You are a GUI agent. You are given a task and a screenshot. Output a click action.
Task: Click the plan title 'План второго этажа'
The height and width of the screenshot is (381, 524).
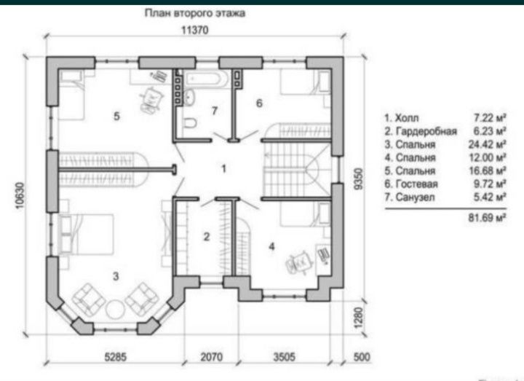(x=195, y=13)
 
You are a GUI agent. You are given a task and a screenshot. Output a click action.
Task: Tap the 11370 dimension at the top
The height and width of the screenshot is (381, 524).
(x=195, y=31)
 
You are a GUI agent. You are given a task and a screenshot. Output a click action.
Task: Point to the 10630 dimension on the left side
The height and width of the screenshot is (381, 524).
(x=20, y=196)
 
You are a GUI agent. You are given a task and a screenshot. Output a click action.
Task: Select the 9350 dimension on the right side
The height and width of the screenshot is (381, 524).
(x=358, y=179)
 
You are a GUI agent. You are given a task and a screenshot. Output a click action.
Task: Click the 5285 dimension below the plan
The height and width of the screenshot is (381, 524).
(x=116, y=357)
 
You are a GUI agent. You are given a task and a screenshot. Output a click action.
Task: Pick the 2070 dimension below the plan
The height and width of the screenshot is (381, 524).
(x=211, y=357)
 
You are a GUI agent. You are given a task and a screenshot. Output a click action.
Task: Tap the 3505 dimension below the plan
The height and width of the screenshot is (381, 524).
(x=285, y=357)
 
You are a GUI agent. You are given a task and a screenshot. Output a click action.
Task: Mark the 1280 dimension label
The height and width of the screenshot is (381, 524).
(x=358, y=318)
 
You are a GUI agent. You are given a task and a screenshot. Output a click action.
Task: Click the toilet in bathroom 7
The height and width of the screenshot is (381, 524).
(x=189, y=123)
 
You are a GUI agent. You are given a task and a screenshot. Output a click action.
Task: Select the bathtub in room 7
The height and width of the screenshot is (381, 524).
(x=207, y=79)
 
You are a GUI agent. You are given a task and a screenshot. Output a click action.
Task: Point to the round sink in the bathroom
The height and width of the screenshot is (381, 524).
(x=189, y=98)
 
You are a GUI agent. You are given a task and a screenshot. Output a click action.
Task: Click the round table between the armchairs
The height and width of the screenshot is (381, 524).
(x=115, y=309)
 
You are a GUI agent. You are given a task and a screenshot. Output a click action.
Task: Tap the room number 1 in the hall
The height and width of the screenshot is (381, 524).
(x=224, y=168)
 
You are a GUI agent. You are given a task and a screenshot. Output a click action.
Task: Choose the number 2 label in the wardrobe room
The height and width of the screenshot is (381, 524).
(x=207, y=237)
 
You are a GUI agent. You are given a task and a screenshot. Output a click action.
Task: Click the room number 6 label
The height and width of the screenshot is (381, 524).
(x=259, y=103)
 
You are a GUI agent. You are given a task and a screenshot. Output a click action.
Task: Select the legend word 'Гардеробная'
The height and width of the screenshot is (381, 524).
(x=426, y=131)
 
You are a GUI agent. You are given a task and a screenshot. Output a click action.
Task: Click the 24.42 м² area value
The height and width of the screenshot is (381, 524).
(x=487, y=144)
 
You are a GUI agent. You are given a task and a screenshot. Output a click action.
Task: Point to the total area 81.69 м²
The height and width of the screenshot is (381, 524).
(x=487, y=218)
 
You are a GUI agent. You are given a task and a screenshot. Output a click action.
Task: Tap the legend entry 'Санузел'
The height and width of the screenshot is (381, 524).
(x=415, y=197)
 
